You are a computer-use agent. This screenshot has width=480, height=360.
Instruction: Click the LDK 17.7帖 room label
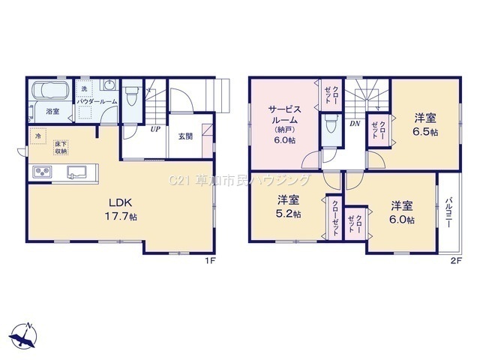(121, 209)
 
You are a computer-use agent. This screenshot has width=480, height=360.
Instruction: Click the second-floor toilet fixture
(331, 124)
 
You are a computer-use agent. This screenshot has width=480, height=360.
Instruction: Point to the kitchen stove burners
(43, 172)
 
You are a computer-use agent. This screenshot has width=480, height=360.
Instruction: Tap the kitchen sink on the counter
(77, 172)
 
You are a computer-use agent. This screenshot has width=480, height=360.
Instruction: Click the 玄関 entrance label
(185, 136)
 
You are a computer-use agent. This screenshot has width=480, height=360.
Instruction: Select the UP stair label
(155, 129)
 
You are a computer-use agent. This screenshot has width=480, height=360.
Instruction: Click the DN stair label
(355, 124)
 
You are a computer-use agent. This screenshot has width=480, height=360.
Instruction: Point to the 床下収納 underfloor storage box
(61, 147)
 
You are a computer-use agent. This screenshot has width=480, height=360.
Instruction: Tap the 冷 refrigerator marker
(38, 136)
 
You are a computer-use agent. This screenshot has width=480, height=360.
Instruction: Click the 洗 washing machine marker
(84, 88)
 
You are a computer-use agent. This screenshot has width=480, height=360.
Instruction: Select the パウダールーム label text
(97, 101)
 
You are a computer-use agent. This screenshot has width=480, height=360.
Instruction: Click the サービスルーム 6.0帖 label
(285, 124)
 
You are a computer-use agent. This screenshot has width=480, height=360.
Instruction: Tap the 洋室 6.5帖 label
(425, 124)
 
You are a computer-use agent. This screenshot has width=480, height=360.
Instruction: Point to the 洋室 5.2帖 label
(288, 206)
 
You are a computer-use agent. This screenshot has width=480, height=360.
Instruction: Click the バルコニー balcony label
(449, 212)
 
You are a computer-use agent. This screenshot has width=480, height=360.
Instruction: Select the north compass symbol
(23, 336)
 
